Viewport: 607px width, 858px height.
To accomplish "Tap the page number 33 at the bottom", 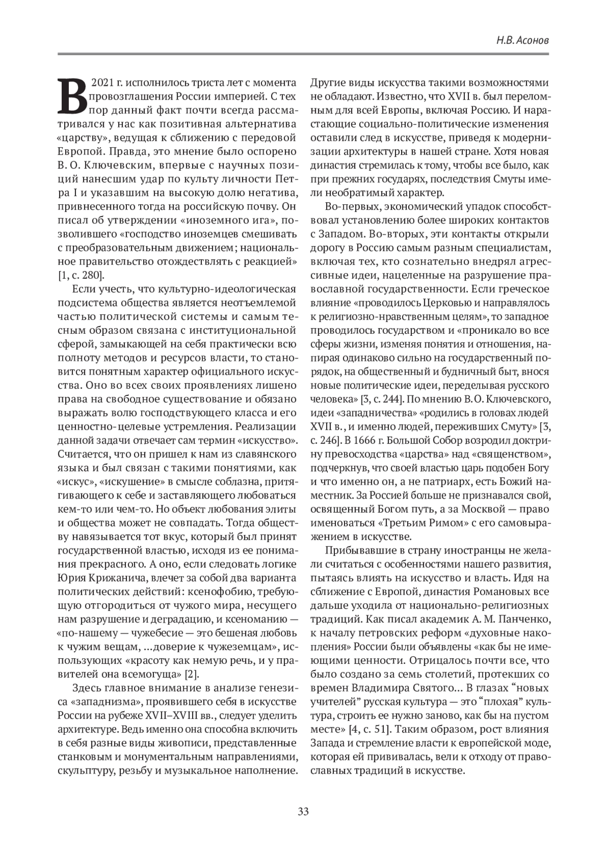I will point(303,811).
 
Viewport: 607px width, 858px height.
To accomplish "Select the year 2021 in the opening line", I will point(102,82).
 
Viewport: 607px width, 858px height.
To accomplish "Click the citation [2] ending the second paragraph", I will point(192,674).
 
